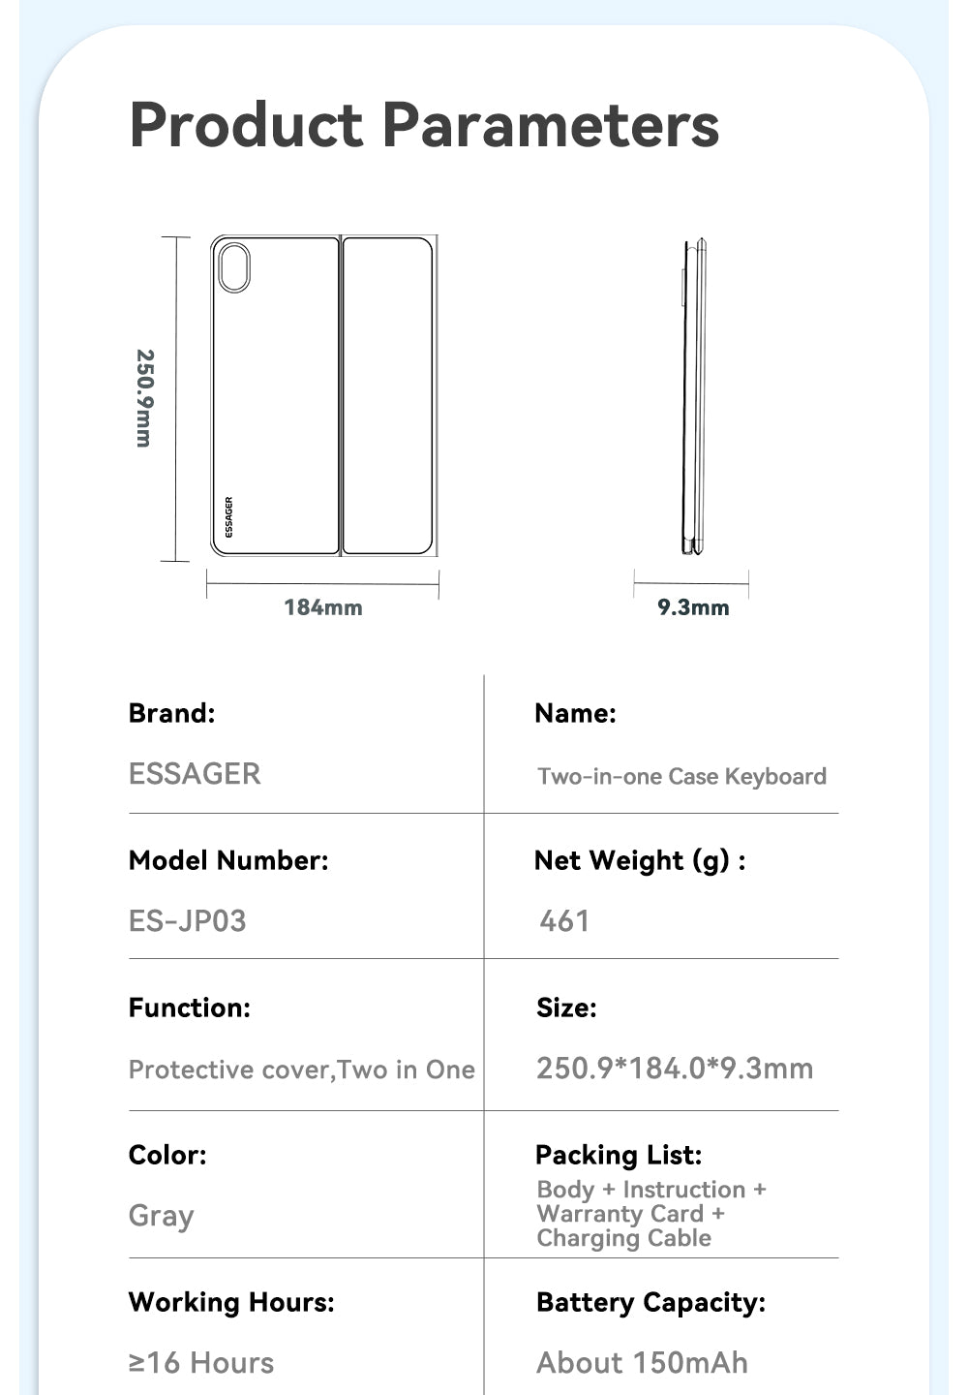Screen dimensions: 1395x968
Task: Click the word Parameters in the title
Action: (550, 126)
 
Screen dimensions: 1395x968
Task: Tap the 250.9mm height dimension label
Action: (144, 398)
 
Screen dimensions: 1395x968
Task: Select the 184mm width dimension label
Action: (323, 608)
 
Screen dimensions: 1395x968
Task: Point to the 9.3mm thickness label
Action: (693, 608)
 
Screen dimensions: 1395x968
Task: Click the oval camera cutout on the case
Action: (234, 267)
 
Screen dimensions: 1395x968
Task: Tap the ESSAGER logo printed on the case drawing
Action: (228, 517)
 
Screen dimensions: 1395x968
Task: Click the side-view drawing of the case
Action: (694, 397)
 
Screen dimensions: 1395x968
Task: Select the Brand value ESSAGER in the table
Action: (195, 774)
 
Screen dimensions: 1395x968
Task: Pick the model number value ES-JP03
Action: (188, 920)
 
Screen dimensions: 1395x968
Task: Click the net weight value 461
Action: (564, 920)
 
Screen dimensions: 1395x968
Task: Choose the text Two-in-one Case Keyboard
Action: (681, 776)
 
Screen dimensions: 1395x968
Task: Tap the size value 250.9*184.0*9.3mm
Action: (675, 1069)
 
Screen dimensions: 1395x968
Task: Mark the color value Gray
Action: (162, 1216)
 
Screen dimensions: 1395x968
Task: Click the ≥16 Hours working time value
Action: (201, 1363)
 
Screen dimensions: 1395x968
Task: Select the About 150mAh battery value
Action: (642, 1363)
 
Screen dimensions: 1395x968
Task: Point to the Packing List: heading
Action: (619, 1155)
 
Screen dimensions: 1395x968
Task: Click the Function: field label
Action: (190, 1007)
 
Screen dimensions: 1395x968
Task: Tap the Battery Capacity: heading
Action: (650, 1302)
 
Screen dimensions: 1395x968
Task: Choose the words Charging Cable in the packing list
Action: (624, 1238)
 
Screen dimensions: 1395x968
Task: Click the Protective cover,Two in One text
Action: (302, 1069)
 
